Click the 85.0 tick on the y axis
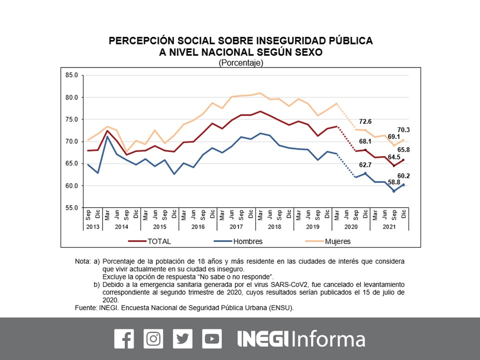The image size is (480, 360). [x=72, y=75]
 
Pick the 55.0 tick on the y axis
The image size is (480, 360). [x=72, y=207]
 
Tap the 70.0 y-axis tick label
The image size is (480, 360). [x=72, y=141]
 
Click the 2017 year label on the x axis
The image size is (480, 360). [x=236, y=226]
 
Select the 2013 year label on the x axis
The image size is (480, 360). [x=93, y=226]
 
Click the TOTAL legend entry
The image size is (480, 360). [x=159, y=241]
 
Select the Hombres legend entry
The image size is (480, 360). [x=247, y=241]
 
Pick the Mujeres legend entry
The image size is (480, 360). [x=337, y=241]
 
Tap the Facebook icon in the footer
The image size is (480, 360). [x=124, y=339]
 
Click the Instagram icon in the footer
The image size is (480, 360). [x=153, y=339]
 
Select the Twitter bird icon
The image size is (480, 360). [x=182, y=339]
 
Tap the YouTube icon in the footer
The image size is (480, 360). [x=212, y=339]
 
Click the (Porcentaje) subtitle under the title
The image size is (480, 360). [x=240, y=63]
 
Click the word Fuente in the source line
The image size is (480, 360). [x=85, y=308]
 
